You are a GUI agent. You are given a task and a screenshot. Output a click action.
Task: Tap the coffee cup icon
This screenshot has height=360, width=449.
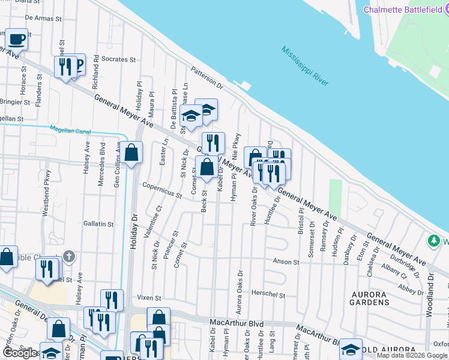[x=17, y=40]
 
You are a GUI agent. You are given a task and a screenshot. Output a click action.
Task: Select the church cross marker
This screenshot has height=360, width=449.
[x=69, y=257]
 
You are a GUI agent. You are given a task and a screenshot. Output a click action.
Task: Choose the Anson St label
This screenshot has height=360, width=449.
[x=286, y=262]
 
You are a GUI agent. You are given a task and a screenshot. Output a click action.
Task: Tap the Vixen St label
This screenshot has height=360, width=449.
[x=149, y=297]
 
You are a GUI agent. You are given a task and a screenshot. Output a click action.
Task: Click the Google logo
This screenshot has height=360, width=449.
[x=20, y=353]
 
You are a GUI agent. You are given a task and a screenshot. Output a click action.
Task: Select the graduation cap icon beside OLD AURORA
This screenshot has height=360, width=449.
[x=351, y=349]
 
